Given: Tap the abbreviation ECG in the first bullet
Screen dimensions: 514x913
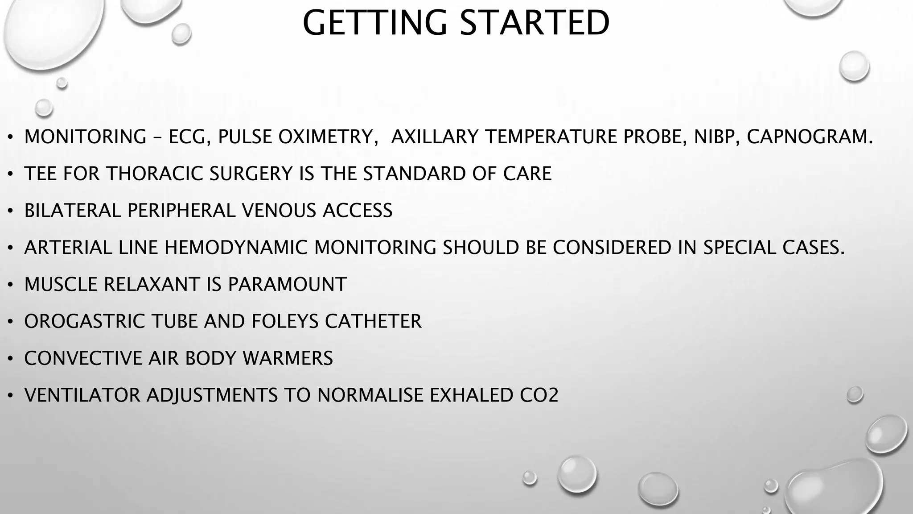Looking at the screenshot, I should click(x=189, y=137).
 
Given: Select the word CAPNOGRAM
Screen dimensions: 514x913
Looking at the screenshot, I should click(x=810, y=137).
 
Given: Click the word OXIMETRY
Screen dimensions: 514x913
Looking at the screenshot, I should click(x=325, y=137).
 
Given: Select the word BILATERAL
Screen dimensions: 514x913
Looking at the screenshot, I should click(x=72, y=211).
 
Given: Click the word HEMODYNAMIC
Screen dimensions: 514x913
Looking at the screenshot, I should click(x=236, y=248).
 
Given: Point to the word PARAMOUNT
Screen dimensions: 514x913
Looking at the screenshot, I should click(x=287, y=285).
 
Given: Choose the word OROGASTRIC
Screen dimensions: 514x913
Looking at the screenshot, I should click(x=85, y=321).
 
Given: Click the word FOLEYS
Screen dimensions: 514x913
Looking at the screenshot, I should click(x=285, y=321).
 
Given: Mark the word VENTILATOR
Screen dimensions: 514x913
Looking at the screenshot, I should click(x=82, y=395).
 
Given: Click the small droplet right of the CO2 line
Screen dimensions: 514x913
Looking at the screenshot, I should click(x=855, y=394).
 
